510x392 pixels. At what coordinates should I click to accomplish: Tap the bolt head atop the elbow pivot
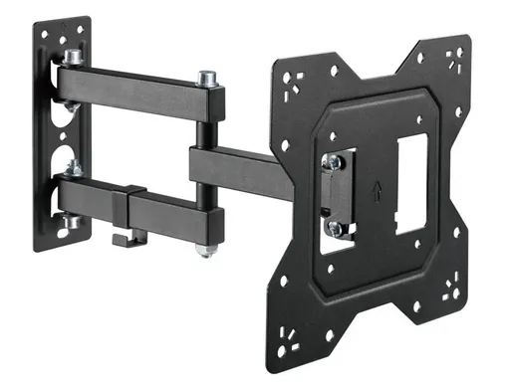(x=208, y=78)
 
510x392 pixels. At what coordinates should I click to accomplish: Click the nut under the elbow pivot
(x=206, y=248)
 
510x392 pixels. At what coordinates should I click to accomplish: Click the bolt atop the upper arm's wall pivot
(x=73, y=57)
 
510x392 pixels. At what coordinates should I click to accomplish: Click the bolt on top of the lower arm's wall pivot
(x=72, y=167)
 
